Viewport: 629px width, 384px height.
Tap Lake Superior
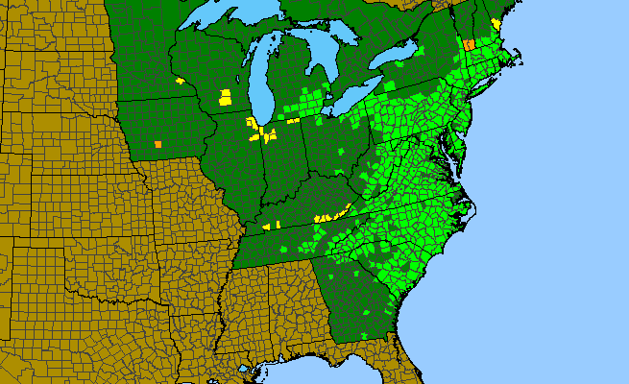pos(230,21)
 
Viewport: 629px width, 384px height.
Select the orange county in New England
pos(469,44)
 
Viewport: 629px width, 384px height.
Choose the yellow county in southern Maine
pos(496,23)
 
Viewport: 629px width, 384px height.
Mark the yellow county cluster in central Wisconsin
pos(225,97)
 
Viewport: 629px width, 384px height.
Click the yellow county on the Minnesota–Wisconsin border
pos(180,81)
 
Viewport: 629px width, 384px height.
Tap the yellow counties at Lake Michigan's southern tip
pos(256,130)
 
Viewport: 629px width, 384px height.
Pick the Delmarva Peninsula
pos(456,144)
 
